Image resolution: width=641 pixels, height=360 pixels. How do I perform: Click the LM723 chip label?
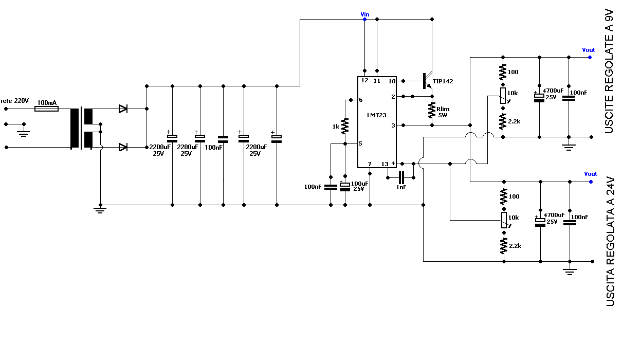377,115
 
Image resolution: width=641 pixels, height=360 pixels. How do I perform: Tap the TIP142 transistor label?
443,81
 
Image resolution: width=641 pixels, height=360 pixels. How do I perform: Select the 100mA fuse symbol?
46,109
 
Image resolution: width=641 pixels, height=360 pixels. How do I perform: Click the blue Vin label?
365,14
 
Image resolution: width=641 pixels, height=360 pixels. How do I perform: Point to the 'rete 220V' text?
15,101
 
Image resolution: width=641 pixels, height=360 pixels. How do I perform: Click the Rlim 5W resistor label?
443,112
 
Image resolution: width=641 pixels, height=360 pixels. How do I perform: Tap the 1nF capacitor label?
401,187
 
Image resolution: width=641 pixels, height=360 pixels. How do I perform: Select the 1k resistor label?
336,127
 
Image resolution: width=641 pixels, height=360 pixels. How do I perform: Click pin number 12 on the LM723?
364,80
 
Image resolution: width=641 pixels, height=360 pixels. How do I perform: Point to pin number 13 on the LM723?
385,164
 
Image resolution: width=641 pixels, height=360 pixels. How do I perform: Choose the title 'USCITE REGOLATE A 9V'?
609,71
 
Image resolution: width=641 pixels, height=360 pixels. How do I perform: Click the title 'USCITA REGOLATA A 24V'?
610,242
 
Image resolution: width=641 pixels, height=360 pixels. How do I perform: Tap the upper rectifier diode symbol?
123,109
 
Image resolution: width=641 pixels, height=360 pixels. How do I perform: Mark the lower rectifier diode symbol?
123,147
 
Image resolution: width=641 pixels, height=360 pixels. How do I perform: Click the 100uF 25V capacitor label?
359,186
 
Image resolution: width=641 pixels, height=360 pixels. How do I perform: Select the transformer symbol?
82,128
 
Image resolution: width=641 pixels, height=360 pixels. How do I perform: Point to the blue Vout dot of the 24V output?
591,182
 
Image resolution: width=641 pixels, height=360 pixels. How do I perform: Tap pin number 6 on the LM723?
360,100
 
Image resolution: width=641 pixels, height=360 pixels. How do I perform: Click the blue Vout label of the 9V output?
589,50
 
